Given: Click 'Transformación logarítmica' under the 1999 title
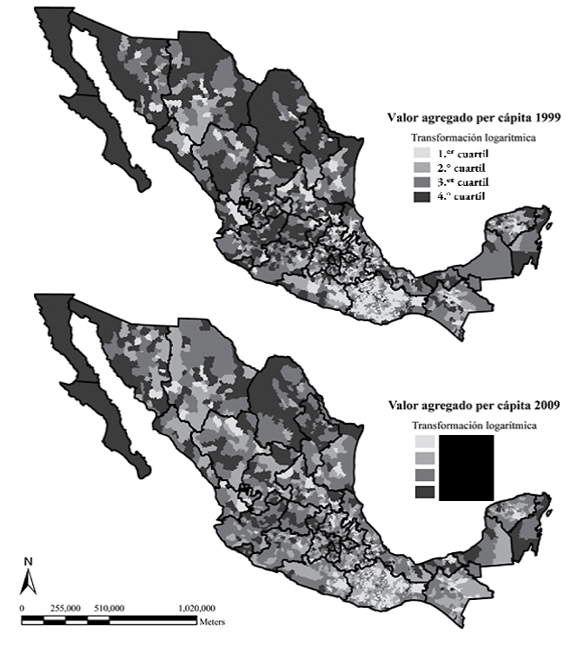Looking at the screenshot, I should pyautogui.click(x=461, y=136).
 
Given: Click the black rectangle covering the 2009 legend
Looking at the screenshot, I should pyautogui.click(x=467, y=468).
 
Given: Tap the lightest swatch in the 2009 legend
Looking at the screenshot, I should pyautogui.click(x=423, y=442).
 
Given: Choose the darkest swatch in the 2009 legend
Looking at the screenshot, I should pyautogui.click(x=423, y=492).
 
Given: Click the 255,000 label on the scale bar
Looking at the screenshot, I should pyautogui.click(x=66, y=609).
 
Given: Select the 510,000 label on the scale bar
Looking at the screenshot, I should pyautogui.click(x=110, y=609).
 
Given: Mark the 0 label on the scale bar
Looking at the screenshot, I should pyautogui.click(x=22, y=609).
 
